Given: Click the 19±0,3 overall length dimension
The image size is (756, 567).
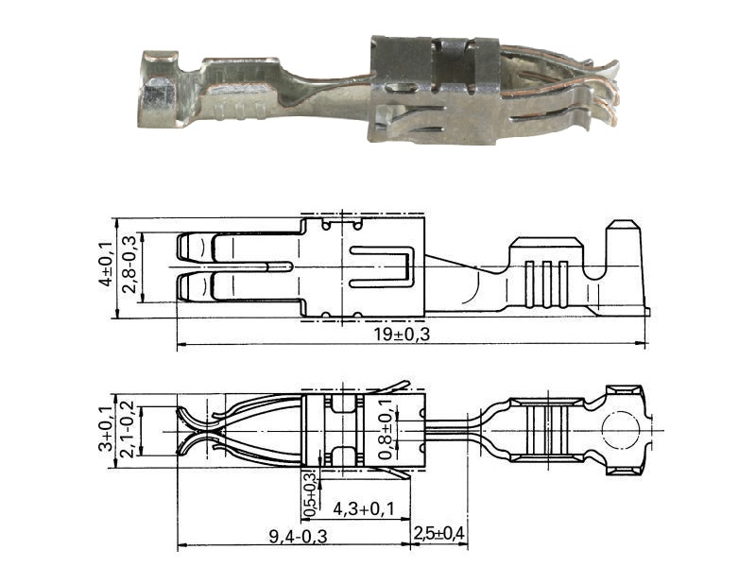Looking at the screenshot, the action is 402,334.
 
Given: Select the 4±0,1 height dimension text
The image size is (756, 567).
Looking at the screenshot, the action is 106,264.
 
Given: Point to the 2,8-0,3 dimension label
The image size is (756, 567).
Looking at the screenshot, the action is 129,265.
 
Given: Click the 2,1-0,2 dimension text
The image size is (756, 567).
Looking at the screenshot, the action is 129,431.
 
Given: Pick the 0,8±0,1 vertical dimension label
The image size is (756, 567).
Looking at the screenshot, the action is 386,429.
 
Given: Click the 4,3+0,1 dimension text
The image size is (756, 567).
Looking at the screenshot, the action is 364,508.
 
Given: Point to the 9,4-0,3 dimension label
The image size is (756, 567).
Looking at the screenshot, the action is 298,536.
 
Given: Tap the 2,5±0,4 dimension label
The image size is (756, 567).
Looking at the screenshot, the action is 438,533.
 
